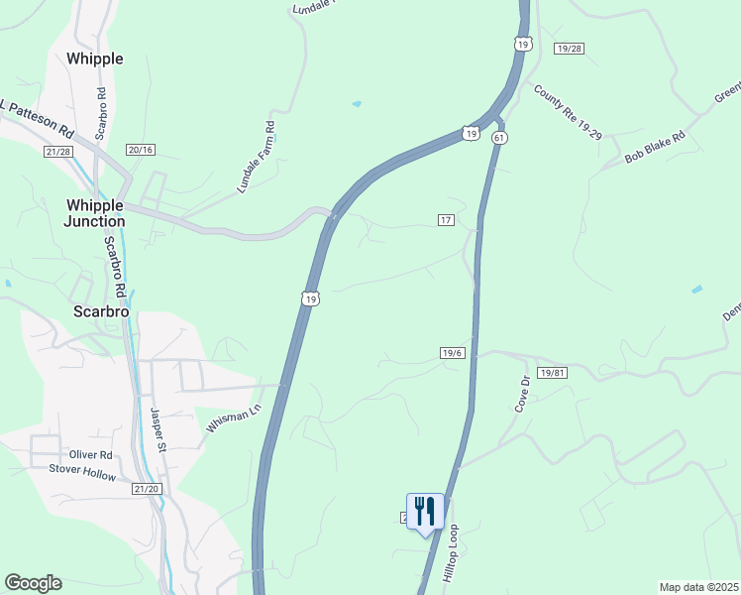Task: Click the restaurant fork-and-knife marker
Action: coord(425,512)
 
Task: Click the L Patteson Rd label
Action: coord(38,117)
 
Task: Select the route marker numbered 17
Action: coord(446,219)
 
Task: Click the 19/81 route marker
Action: coord(552,371)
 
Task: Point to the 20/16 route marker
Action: coord(141,149)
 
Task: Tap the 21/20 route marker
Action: coord(146,489)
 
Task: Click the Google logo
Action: coord(33,583)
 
